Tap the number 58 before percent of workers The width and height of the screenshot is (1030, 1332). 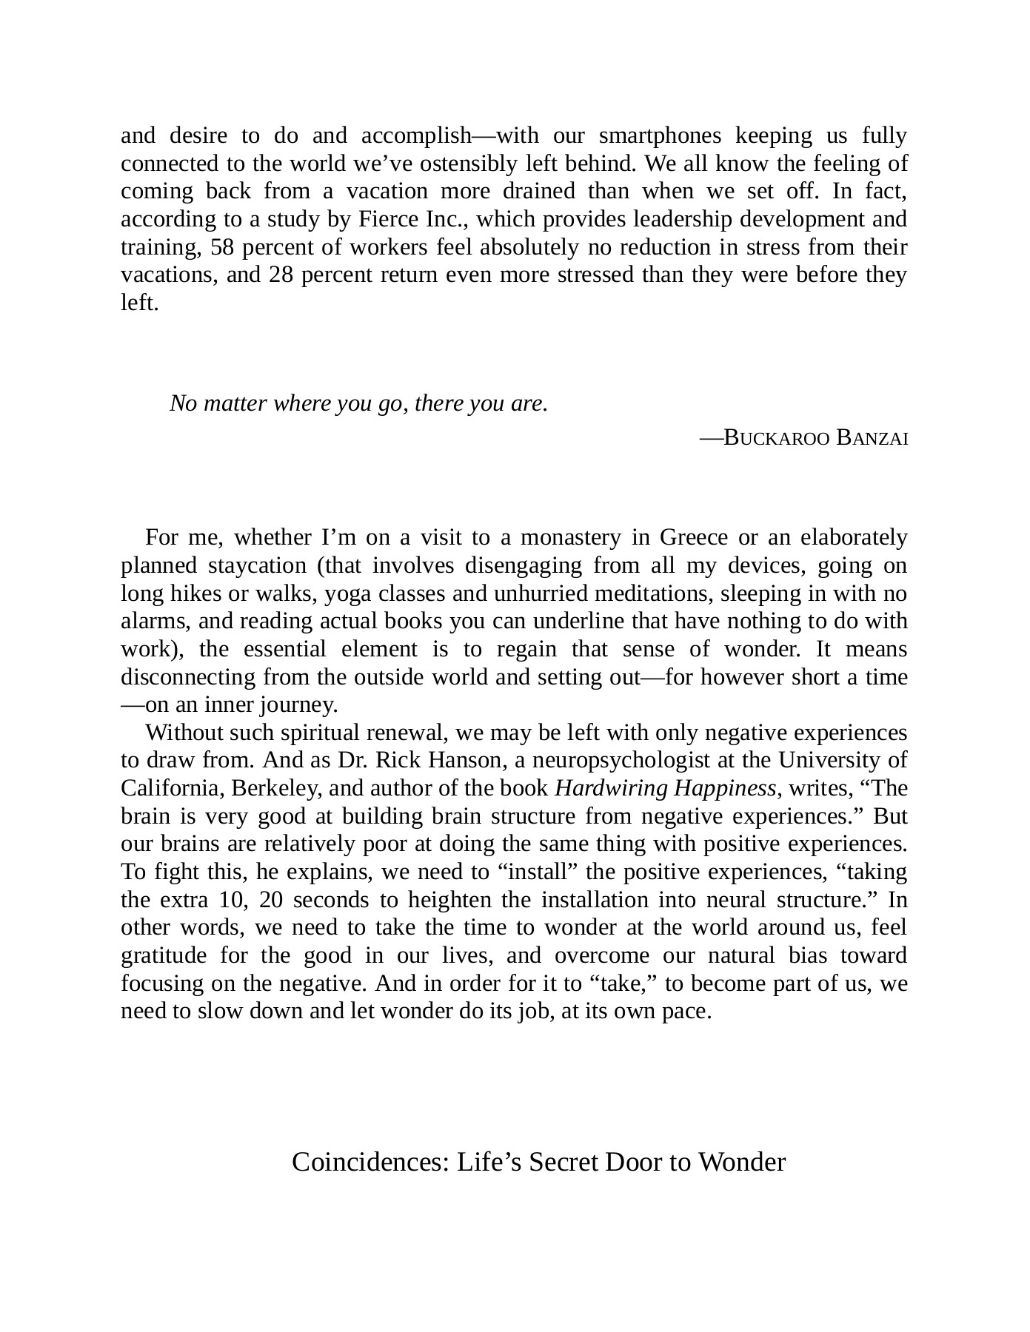[x=221, y=247]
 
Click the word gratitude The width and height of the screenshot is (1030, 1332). [x=164, y=956]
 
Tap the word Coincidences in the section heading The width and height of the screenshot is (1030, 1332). [x=370, y=1163]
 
